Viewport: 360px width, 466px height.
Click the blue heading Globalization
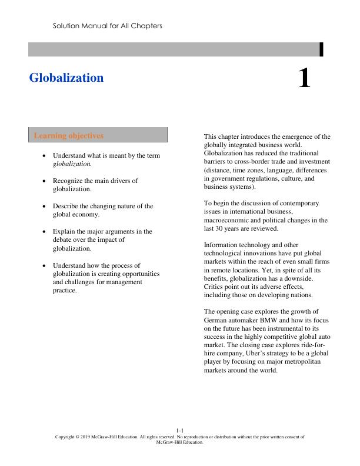point(66,78)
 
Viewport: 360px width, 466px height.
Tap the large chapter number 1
point(304,78)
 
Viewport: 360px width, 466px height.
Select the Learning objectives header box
point(98,135)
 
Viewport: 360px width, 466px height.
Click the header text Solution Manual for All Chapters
point(107,26)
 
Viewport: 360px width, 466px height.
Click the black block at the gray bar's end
point(321,49)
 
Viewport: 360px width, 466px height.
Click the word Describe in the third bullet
point(66,207)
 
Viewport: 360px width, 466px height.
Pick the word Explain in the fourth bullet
point(65,232)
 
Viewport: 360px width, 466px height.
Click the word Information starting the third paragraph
point(222,244)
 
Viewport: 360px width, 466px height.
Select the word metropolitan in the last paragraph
point(302,362)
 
